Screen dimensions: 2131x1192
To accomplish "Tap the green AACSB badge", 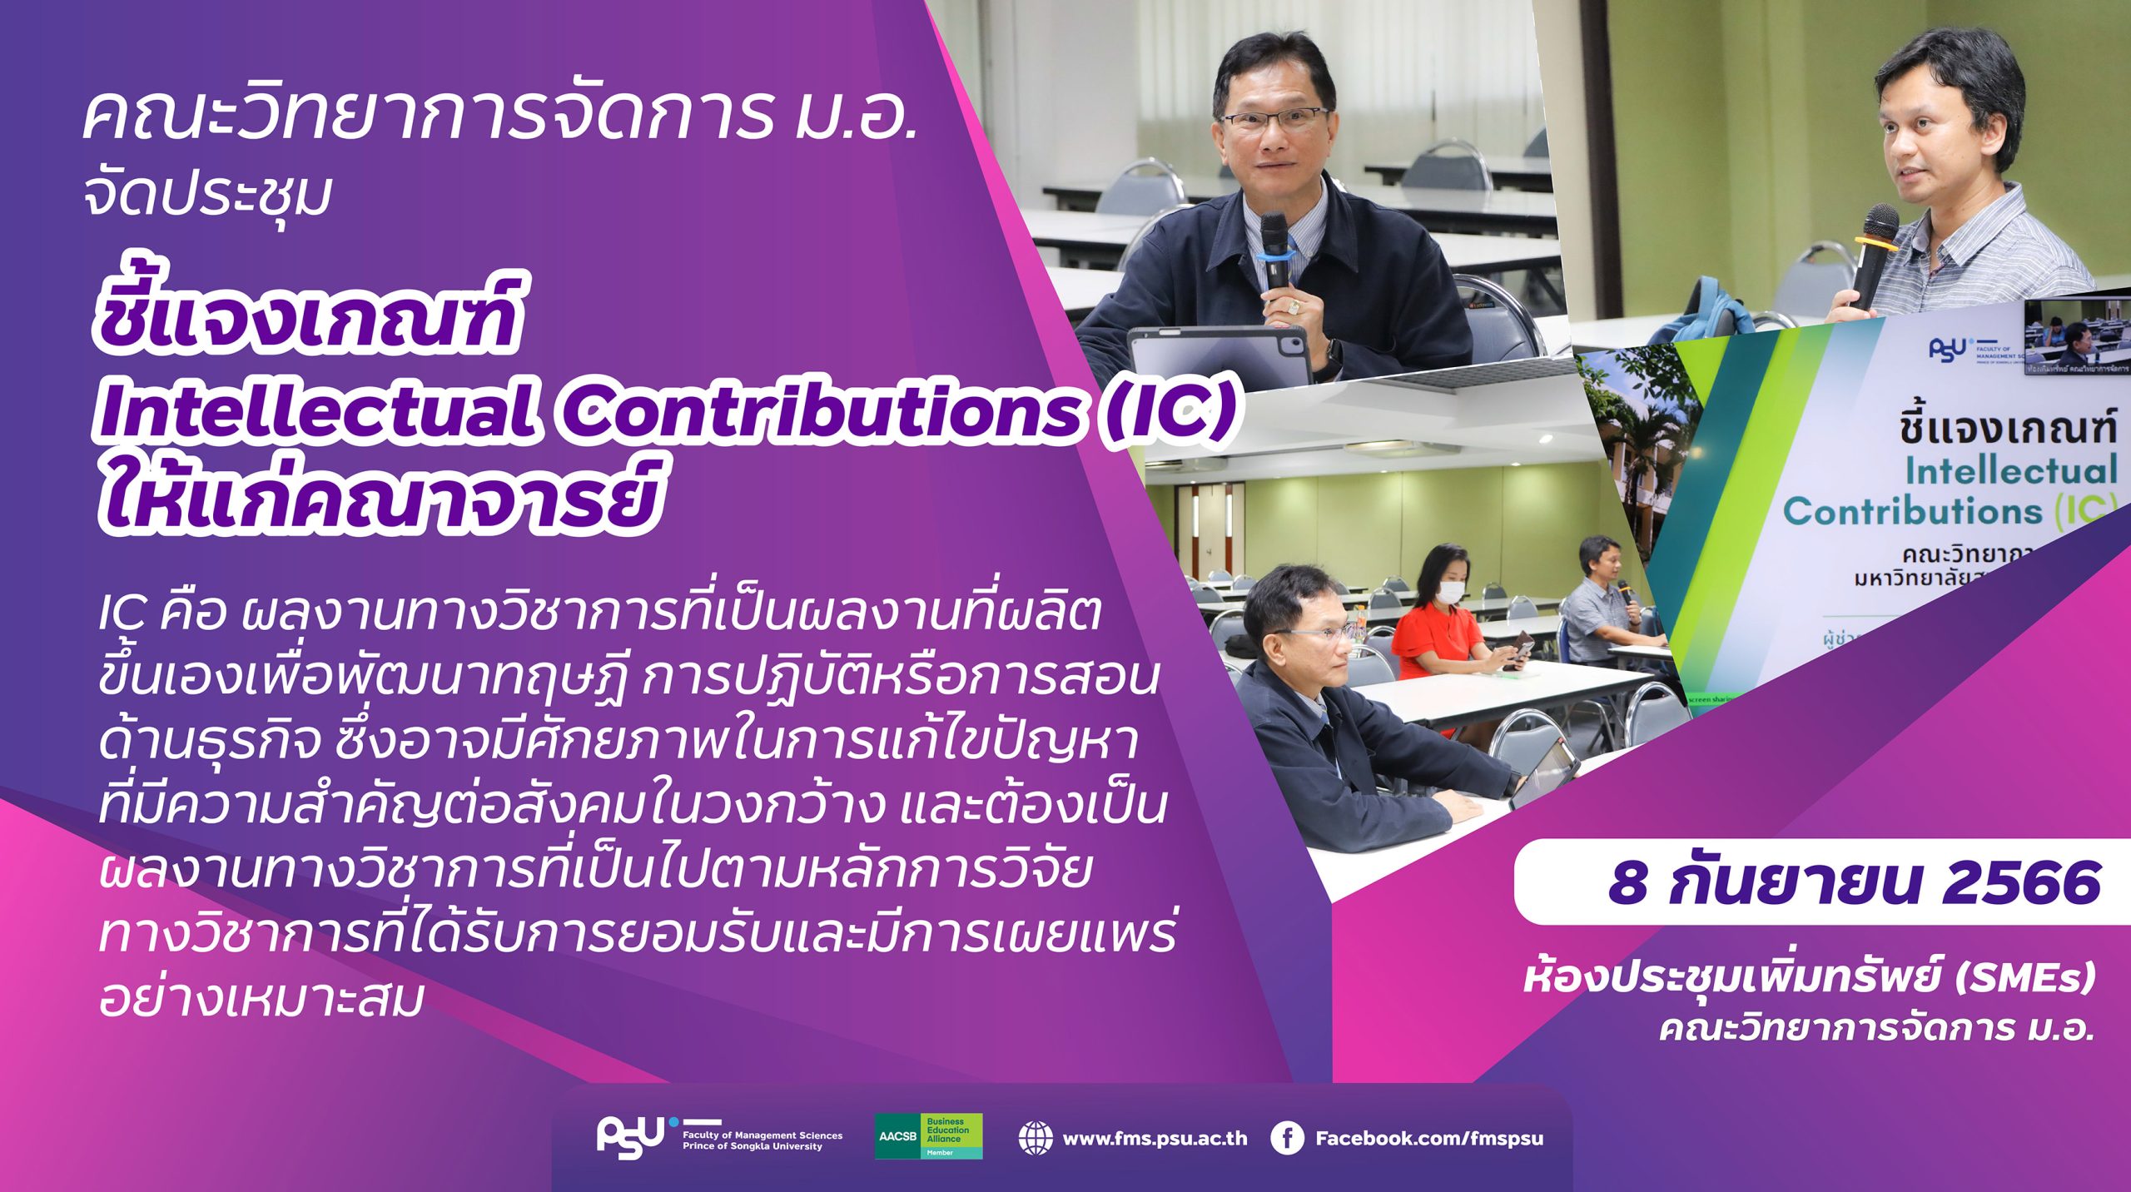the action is coord(928,1136).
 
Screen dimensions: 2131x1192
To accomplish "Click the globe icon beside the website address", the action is coord(1036,1138).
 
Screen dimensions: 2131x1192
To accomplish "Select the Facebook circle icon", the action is coord(1287,1139).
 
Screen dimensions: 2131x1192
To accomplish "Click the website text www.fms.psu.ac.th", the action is coord(1155,1139).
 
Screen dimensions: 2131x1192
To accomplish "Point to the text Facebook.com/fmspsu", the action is coord(1428,1139).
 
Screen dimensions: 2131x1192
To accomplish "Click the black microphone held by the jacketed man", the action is coord(1274,250).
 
